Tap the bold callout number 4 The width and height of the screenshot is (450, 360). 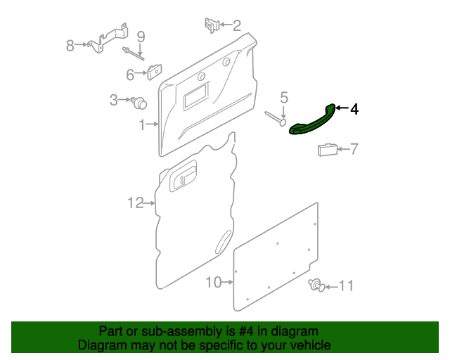354,110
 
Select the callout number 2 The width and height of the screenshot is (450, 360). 237,25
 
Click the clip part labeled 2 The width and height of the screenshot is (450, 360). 212,25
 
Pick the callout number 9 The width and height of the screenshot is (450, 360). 141,37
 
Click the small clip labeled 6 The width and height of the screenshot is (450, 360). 155,72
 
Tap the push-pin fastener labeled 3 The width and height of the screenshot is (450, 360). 139,103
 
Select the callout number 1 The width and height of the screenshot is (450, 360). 142,125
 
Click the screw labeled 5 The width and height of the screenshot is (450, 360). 276,118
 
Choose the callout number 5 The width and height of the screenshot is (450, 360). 284,98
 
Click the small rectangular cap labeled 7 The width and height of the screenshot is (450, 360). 328,149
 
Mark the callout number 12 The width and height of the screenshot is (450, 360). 136,203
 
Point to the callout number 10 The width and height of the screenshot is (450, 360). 214,282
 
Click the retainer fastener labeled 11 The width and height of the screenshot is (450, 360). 316,285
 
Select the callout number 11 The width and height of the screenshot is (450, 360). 347,286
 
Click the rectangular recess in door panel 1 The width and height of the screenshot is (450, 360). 196,96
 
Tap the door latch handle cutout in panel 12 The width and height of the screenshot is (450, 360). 184,176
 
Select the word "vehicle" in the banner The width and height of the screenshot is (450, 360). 312,345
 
